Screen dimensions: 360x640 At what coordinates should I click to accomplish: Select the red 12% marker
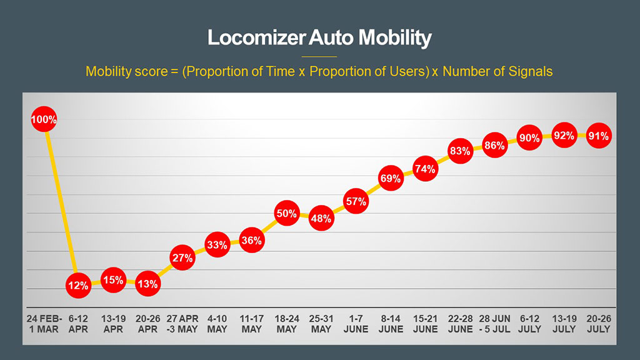[x=79, y=286]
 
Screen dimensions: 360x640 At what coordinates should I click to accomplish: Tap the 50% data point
[x=286, y=214]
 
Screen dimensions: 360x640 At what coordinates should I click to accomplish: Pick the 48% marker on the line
[x=321, y=219]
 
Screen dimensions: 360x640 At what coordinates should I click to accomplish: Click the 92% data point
[x=564, y=136]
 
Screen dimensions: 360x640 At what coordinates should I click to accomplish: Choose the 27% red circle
[x=182, y=258]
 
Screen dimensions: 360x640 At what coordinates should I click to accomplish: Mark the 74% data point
[x=425, y=169]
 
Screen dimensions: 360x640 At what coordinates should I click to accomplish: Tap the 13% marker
[x=148, y=284]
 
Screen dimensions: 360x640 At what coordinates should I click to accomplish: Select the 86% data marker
[x=494, y=146]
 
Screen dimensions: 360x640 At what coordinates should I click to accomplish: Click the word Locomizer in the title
[x=256, y=38]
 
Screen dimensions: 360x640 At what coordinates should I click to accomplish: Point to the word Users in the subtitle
[x=410, y=71]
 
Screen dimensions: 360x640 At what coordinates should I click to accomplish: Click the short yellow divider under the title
[x=319, y=56]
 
